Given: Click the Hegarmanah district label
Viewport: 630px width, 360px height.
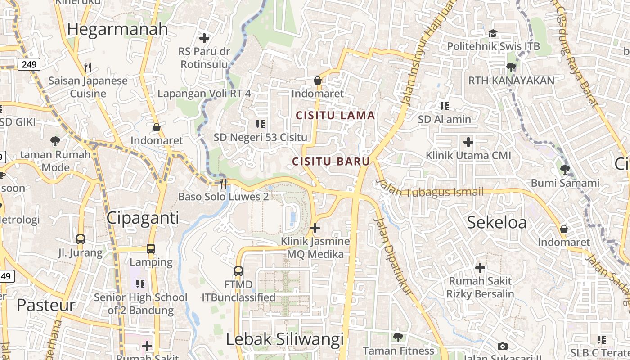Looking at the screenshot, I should coord(117,29).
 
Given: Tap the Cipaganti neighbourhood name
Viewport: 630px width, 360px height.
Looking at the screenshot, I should coord(143,218).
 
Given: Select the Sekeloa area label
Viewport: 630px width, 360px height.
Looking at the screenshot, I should coord(496,222).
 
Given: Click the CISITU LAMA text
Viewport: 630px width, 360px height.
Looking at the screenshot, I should coord(335,116).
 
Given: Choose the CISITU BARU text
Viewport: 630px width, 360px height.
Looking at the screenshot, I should coord(331,162).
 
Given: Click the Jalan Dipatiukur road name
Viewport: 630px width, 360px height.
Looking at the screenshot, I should coord(393,256).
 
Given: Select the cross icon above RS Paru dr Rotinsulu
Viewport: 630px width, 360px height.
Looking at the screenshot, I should coord(204,38).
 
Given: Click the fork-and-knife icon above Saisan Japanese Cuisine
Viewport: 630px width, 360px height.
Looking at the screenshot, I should coord(88,68).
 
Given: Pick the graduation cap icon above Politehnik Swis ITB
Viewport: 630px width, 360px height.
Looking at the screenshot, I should coord(493,34).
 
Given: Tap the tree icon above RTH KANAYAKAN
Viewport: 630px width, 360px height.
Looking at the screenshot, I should coord(511,68).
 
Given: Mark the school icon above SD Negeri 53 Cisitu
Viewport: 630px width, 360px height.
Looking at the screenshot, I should coord(260,124).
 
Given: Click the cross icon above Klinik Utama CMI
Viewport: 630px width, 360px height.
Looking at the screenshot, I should coord(468,143).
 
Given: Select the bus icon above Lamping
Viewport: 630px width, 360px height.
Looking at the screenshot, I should coord(151,249).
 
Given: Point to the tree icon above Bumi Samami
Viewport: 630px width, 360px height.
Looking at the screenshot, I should coord(565,170).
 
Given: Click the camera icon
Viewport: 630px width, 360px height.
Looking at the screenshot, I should coord(503,346).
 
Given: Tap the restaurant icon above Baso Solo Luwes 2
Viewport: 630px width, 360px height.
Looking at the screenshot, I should coord(223,183).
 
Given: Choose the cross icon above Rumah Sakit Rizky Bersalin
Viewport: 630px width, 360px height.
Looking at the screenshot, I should coord(480,268).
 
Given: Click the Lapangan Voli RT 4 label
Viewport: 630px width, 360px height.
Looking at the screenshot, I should coord(204,94).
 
